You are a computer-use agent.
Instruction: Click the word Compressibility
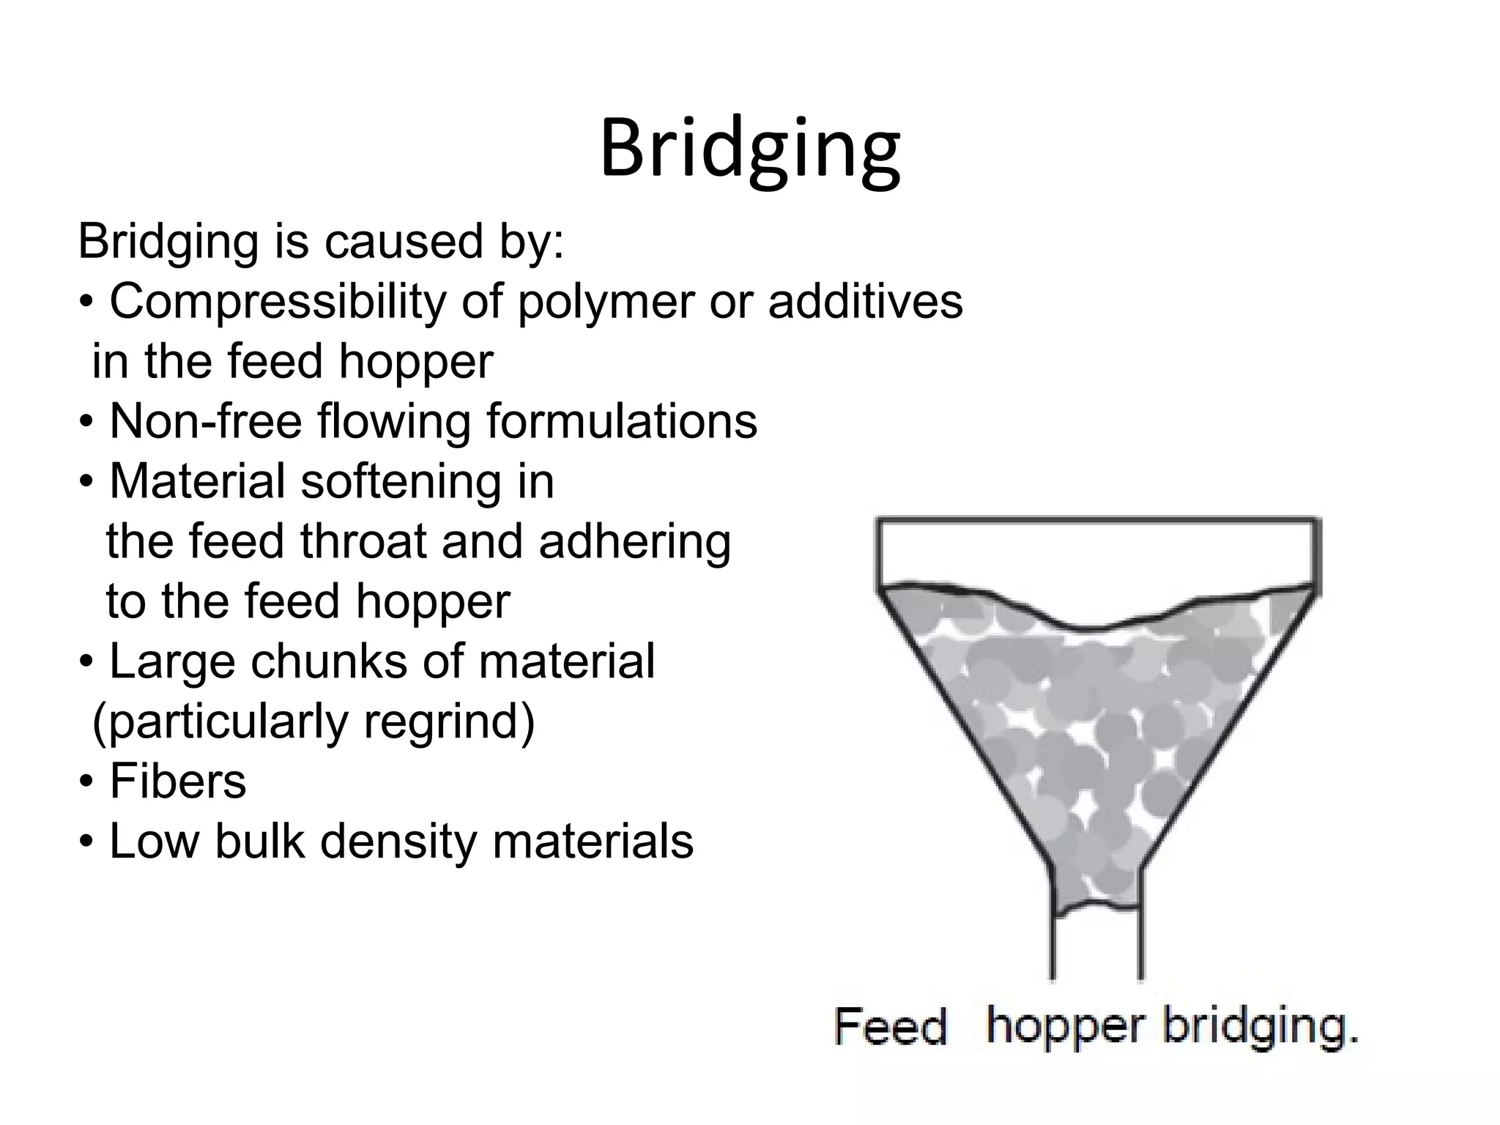pos(278,301)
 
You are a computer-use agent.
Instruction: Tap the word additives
pos(865,301)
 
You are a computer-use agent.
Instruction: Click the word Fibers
pos(178,781)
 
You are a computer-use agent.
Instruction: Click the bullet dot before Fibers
pos(86,783)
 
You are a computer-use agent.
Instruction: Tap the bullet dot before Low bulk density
pos(86,843)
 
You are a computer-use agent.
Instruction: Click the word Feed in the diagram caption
pos(890,1026)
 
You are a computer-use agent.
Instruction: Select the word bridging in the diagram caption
pos(1260,1026)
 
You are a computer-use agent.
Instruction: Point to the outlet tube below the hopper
pos(1096,948)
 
